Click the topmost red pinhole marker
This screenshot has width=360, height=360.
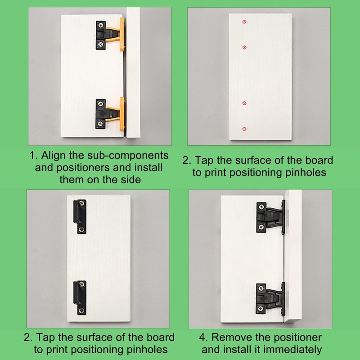coord(244,22)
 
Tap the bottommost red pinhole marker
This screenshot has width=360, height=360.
coord(244,129)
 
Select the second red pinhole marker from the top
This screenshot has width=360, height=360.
coord(244,47)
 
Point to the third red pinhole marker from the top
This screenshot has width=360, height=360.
coord(244,103)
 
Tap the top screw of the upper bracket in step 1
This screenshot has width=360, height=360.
coord(100,25)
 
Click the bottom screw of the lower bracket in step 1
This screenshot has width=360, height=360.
coord(100,124)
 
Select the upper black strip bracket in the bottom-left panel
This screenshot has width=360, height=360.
coord(80,216)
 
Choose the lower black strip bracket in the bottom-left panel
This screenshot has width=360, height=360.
coord(80,298)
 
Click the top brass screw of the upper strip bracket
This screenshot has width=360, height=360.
coord(82,203)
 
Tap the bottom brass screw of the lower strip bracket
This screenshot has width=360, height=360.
coord(82,311)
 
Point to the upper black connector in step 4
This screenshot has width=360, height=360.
coord(271,217)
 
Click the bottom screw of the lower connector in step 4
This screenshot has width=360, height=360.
coord(261,309)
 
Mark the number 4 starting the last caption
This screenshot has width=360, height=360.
coord(202,337)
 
